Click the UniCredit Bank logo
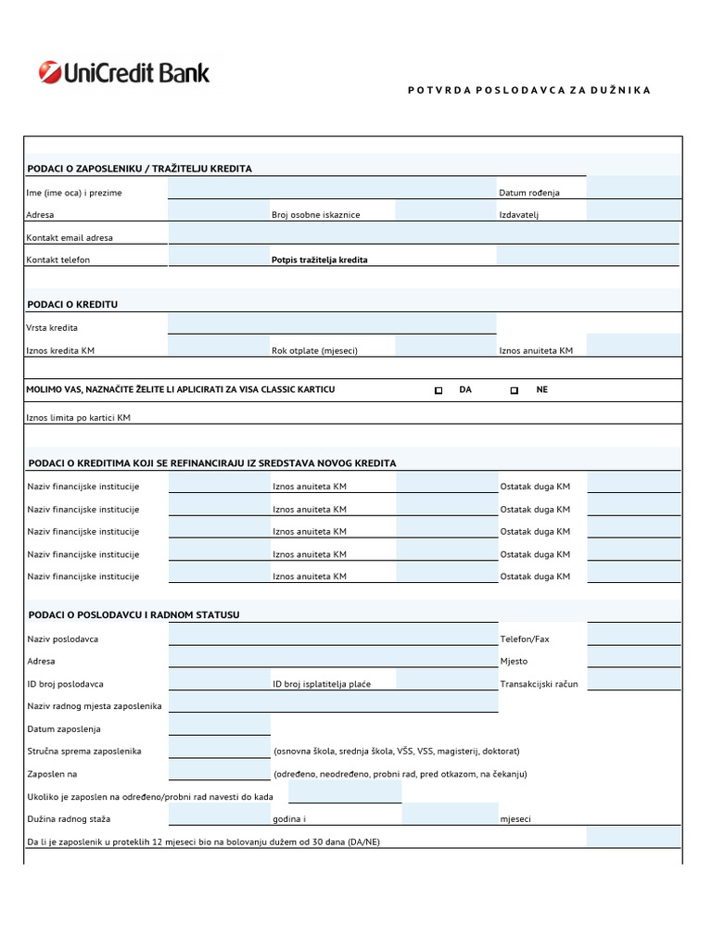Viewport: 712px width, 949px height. (x=124, y=72)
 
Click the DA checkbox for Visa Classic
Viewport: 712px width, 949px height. (x=439, y=390)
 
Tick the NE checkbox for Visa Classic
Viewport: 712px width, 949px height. (x=515, y=390)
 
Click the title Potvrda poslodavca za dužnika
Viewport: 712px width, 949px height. (x=529, y=90)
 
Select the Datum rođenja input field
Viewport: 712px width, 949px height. (x=632, y=188)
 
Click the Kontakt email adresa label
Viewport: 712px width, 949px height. (x=70, y=237)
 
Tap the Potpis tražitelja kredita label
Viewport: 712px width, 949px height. (x=319, y=259)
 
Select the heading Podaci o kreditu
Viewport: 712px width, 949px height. (x=73, y=304)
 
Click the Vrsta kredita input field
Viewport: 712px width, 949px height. (x=331, y=323)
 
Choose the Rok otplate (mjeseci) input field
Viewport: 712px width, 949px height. (x=444, y=346)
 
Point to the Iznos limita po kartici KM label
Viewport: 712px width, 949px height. (x=79, y=418)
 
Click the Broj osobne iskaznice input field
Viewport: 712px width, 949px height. (x=444, y=210)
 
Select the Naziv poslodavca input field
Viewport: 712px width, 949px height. (x=332, y=635)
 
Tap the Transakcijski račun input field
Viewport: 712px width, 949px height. (x=633, y=679)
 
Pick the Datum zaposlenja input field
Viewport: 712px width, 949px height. (x=219, y=725)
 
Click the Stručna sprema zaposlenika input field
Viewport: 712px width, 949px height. (x=219, y=747)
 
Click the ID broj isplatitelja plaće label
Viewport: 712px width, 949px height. (x=322, y=684)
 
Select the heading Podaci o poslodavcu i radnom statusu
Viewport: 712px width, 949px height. (x=134, y=615)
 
